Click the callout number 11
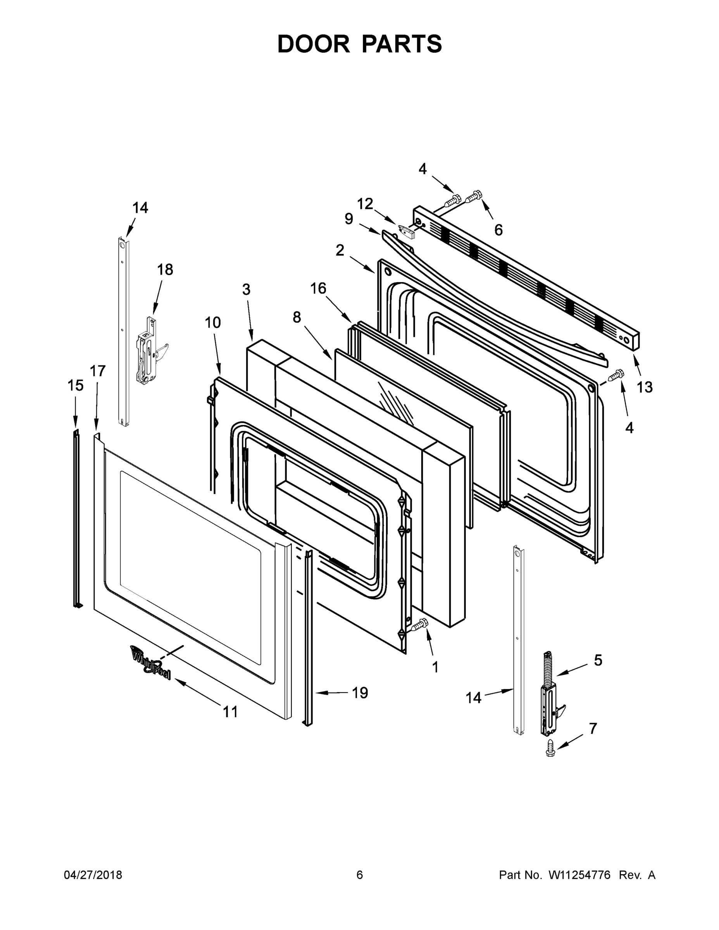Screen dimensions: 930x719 (x=231, y=711)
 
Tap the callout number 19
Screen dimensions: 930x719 (x=360, y=693)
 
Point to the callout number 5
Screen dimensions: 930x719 (x=598, y=660)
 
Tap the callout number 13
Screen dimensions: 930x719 (x=645, y=387)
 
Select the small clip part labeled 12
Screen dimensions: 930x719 (x=407, y=232)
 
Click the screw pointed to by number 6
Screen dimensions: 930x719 (x=473, y=197)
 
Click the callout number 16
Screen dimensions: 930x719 (x=318, y=288)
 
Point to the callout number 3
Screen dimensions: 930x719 (x=246, y=289)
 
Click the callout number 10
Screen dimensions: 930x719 (x=212, y=322)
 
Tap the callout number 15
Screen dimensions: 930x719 (x=76, y=386)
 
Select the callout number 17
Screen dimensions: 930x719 (x=98, y=371)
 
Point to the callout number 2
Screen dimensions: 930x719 (x=340, y=250)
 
